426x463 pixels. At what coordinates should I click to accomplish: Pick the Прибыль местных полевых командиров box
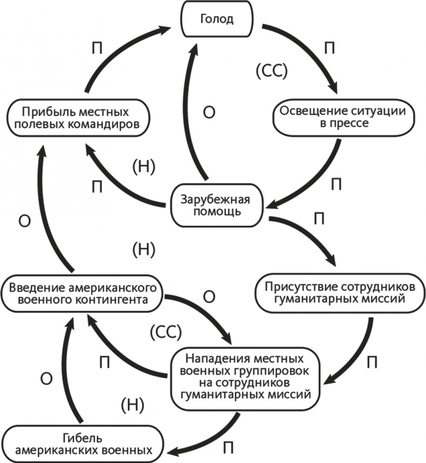click(75, 118)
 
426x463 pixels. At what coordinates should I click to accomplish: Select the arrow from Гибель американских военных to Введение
click(67, 372)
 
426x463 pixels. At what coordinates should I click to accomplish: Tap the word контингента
click(123, 300)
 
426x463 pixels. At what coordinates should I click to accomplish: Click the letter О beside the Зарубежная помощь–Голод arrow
click(211, 112)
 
